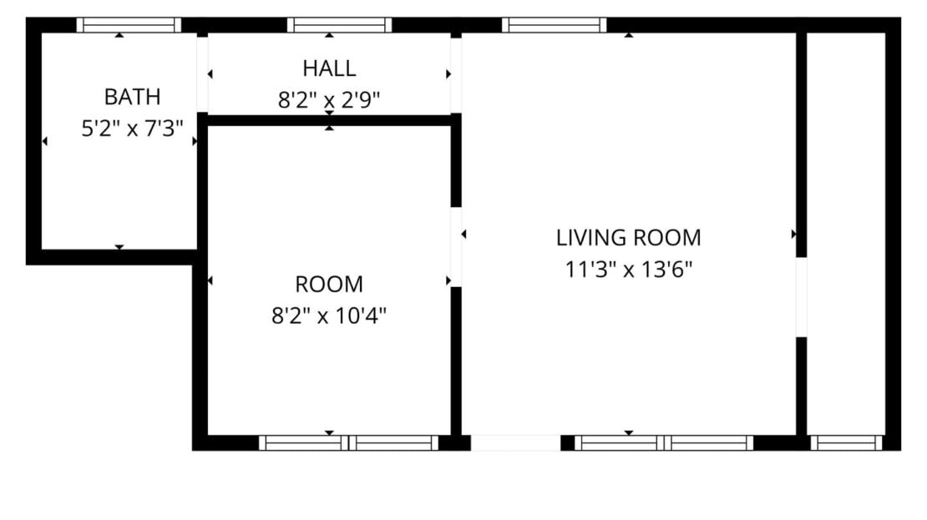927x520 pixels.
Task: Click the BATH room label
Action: point(132,97)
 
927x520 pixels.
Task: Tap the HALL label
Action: point(329,68)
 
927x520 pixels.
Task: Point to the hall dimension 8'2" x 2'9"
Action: point(329,100)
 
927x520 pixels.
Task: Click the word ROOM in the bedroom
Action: point(329,285)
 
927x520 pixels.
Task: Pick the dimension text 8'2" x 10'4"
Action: point(329,316)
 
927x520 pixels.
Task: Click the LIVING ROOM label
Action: point(628,238)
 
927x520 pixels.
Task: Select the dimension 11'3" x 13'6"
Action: point(628,270)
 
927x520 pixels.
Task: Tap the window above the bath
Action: point(129,25)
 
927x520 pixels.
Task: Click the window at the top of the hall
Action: point(339,25)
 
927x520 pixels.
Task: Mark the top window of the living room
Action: point(554,25)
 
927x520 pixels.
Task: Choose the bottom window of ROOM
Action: point(348,442)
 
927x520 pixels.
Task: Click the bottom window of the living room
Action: point(664,442)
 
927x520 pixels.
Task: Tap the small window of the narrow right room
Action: point(846,442)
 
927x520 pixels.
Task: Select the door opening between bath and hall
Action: point(202,73)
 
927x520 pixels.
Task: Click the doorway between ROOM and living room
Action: point(456,247)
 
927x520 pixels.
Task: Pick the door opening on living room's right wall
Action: point(801,297)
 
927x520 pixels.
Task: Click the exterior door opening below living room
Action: point(515,442)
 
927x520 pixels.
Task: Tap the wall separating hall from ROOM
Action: point(329,120)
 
